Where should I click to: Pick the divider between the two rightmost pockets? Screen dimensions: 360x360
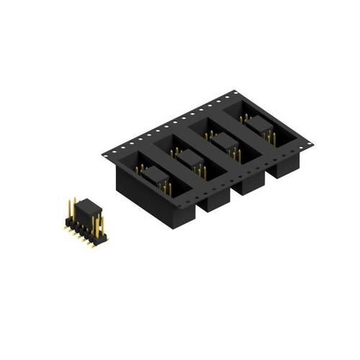coord(248,144)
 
